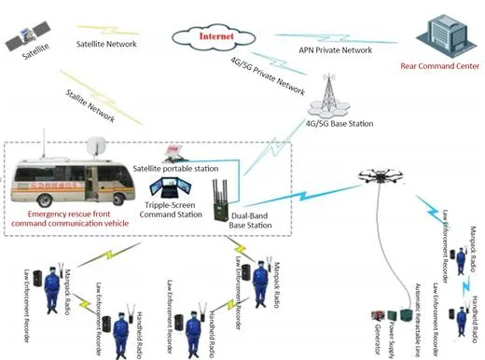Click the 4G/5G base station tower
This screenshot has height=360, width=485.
[x=329, y=93]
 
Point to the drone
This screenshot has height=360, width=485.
[x=383, y=173]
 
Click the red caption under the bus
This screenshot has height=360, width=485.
[x=75, y=219]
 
